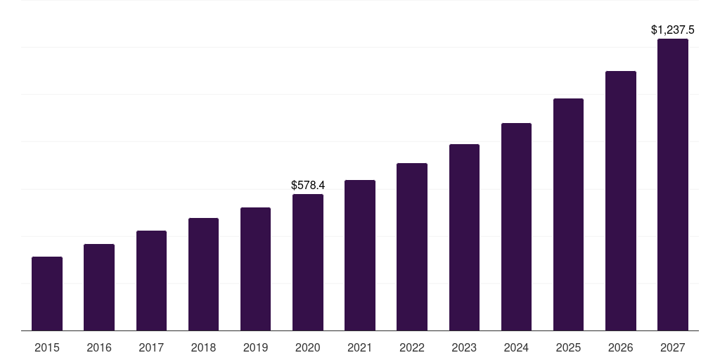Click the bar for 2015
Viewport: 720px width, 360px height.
point(47,294)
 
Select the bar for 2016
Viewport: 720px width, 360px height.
point(99,288)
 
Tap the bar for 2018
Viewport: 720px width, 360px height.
point(203,274)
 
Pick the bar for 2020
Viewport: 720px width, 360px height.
point(308,262)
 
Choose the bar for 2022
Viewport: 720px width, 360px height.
point(412,247)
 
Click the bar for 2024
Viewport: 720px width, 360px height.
point(516,227)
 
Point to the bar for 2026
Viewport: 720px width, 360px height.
point(621,201)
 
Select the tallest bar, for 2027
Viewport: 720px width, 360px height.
point(673,185)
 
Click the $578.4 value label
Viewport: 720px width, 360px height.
point(308,186)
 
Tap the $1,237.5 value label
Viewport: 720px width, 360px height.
point(673,30)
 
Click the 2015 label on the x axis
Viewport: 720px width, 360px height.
point(47,347)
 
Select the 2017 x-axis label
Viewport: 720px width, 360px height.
point(151,347)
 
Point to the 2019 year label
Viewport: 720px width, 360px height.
point(255,347)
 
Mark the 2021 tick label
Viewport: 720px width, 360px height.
point(360,347)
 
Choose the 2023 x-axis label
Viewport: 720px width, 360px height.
point(464,347)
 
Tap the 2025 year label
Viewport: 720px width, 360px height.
point(568,347)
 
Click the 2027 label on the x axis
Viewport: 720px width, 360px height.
point(673,347)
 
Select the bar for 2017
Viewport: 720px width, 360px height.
point(151,281)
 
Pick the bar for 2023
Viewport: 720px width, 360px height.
point(464,238)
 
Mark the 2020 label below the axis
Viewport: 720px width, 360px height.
point(308,347)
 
